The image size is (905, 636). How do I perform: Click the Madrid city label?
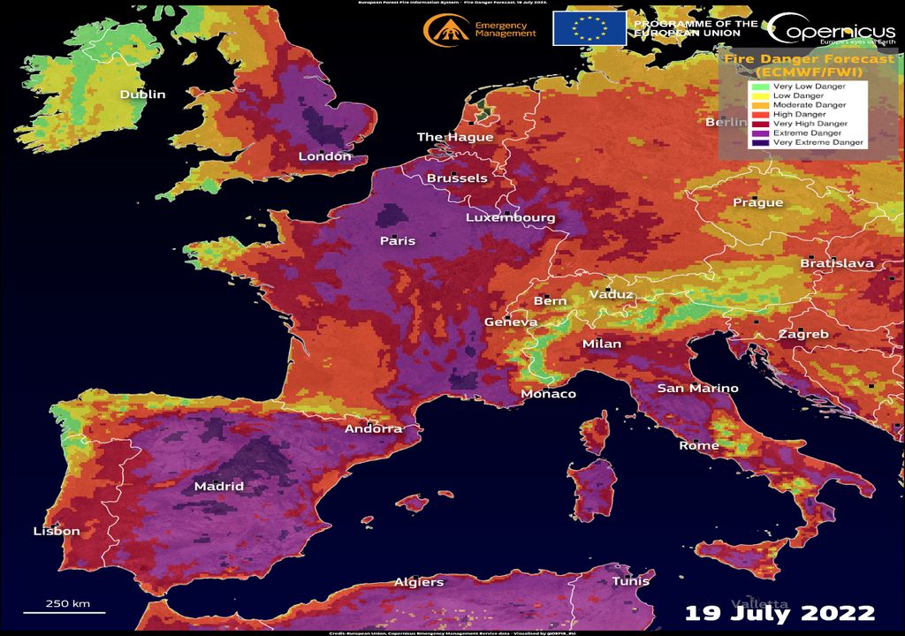coord(218,487)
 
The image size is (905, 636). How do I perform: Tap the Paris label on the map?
coord(397,241)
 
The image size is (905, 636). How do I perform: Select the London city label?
coord(324,156)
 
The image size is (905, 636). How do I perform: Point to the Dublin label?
coord(142,95)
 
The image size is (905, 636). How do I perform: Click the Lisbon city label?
coord(57,532)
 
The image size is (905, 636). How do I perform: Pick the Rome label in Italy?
coord(698,446)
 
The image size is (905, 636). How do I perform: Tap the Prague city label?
coord(757,203)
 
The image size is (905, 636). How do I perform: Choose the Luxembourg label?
coord(511,218)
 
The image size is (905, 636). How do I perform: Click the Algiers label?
coord(419,583)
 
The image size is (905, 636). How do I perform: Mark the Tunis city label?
coord(630,581)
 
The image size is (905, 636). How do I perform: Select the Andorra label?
coord(373,429)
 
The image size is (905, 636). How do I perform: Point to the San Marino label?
coord(697,389)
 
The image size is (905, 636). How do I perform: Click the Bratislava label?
coord(836,264)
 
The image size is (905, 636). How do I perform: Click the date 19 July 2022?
coord(780,613)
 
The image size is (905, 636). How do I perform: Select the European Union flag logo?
coord(589,28)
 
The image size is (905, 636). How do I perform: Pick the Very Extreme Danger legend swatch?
coord(759,142)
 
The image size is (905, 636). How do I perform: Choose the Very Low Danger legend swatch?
coord(759,87)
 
